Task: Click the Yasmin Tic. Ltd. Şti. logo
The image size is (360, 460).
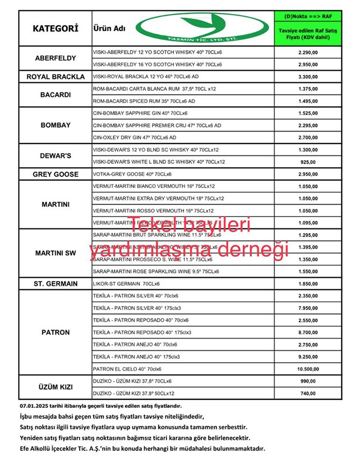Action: pos(182,28)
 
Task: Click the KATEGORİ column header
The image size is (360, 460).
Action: pos(55,28)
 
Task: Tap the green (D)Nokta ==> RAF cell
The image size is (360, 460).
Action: pos(308,17)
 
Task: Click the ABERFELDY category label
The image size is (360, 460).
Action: pos(55,58)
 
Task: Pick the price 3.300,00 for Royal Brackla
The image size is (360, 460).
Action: pos(308,76)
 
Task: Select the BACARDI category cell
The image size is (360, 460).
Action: pos(55,95)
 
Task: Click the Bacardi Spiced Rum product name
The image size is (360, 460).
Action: pos(144,101)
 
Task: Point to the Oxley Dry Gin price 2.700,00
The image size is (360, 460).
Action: pos(308,138)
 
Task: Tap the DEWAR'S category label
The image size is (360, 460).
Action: pos(55,155)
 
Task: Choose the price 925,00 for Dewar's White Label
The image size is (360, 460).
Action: pos(308,162)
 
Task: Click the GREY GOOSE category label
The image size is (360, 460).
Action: pos(55,174)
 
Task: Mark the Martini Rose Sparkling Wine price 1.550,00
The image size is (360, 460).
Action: pos(308,271)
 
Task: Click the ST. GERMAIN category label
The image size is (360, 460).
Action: pos(55,284)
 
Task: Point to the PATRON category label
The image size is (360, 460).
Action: pos(55,332)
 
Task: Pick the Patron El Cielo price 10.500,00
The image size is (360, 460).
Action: pos(308,369)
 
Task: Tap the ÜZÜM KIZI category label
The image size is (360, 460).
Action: pos(55,387)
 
